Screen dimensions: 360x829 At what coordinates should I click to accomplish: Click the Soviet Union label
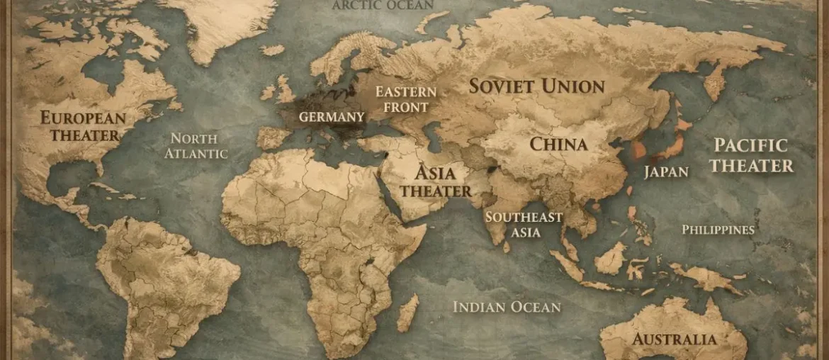coord(537,86)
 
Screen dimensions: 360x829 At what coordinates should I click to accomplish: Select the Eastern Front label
coord(405,100)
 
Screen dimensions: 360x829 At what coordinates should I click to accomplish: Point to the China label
coord(559,145)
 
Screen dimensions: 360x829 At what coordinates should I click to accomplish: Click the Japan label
coord(665,171)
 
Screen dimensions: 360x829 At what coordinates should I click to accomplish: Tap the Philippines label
coord(717,230)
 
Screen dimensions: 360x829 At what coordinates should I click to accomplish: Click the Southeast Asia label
coord(524,225)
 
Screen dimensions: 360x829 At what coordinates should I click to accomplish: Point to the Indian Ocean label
coord(506,307)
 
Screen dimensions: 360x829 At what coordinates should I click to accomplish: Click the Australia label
coord(675,339)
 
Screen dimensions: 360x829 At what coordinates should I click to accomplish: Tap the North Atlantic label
coord(196,145)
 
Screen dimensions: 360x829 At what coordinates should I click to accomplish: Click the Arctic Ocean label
coord(382,6)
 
